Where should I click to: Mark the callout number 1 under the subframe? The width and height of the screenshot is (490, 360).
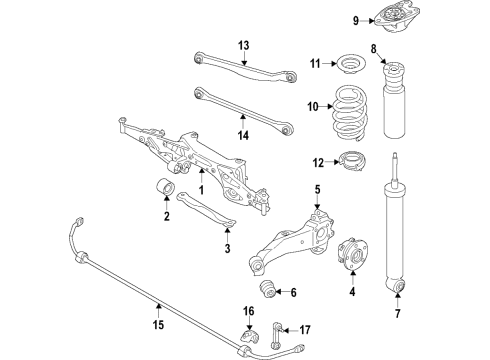[200, 189]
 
